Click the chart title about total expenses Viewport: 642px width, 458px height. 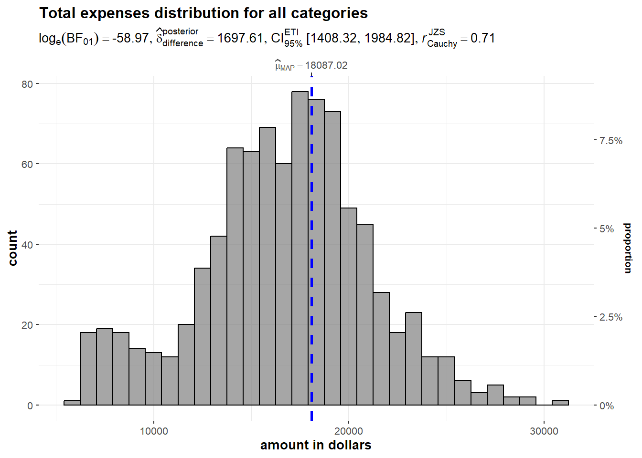coord(203,13)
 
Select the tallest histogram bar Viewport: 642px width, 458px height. coord(300,248)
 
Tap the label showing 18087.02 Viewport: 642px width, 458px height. coord(311,65)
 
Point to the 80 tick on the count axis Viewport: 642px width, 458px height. coord(27,84)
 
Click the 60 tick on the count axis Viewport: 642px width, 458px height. coord(27,164)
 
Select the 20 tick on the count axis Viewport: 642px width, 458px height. coord(27,325)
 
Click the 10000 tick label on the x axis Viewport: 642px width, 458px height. coord(154,431)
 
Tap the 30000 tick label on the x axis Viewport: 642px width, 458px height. coord(544,431)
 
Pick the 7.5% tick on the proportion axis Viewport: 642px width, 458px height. coord(611,141)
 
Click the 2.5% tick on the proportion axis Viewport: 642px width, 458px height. coord(611,317)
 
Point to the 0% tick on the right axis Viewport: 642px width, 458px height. coord(607,406)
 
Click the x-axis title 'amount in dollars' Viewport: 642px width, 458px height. coord(316,445)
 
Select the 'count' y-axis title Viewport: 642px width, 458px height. coord(13,248)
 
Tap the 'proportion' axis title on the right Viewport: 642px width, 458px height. coord(628,248)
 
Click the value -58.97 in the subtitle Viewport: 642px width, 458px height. coord(130,38)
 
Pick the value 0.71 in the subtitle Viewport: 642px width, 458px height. coord(482,38)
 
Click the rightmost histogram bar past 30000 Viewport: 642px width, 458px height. coord(560,403)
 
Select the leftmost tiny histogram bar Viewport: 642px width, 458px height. coord(72,403)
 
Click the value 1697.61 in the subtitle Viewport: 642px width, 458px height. coord(240,38)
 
